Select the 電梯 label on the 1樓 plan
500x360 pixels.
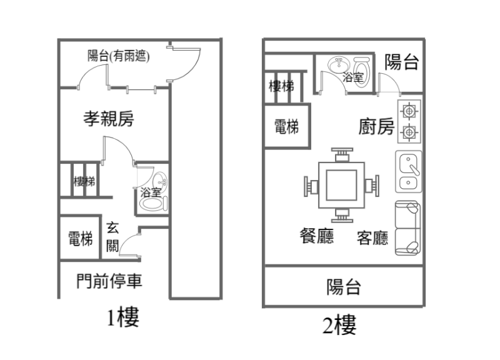81,239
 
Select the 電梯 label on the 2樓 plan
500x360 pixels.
286,127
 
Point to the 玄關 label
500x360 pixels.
112,236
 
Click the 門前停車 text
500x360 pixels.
109,281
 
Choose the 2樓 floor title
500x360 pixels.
340,325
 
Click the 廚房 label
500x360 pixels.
376,127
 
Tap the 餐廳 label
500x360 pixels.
316,236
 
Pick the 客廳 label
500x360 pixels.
372,238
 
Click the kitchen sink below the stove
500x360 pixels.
409,172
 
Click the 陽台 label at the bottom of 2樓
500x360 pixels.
344,287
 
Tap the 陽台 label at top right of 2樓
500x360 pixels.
401,62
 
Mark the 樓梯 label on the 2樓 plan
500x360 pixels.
281,86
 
